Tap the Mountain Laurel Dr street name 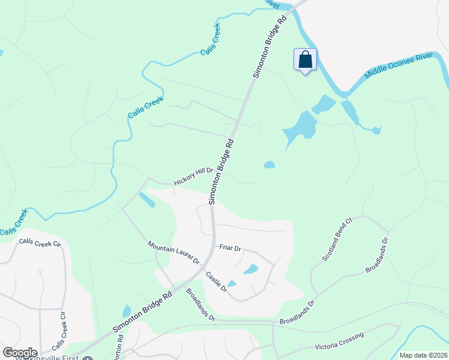pyautogui.click(x=173, y=253)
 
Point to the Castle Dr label pyautogui.click(x=216, y=281)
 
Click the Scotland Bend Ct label pyautogui.click(x=336, y=242)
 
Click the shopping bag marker pyautogui.click(x=306, y=60)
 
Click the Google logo pyautogui.click(x=19, y=353)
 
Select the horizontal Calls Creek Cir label pyautogui.click(x=40, y=243)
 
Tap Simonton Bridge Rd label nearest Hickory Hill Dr pyautogui.click(x=221, y=172)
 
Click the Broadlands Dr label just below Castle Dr pyautogui.click(x=200, y=305)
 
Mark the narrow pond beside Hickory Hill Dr pyautogui.click(x=146, y=200)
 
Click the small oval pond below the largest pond pyautogui.click(x=270, y=164)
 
